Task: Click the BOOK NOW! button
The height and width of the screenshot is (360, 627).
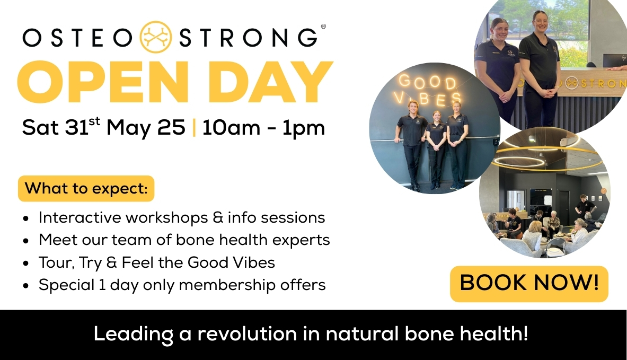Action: pos(529,284)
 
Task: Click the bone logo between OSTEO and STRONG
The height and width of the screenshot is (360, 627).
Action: pos(156,37)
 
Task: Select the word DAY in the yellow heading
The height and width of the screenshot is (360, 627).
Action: pos(270,82)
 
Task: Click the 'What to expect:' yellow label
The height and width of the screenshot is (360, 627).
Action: pos(86,188)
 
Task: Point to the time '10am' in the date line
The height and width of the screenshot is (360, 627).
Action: pos(231,128)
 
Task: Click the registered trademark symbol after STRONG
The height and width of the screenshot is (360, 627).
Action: pos(323,27)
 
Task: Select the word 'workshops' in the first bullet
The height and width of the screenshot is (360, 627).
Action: pos(167,218)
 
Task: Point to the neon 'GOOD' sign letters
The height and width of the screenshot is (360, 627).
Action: pos(428,82)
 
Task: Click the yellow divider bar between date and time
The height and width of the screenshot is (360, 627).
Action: pos(195,128)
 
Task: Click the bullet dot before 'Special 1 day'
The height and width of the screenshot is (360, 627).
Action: pos(27,286)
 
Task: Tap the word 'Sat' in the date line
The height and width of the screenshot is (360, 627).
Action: pos(40,128)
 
